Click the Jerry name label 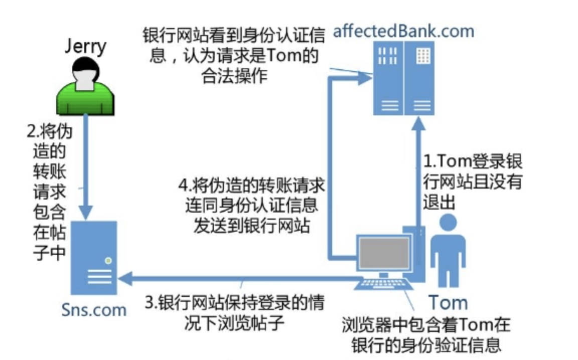85,47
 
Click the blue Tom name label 448,303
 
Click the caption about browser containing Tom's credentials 426,334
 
